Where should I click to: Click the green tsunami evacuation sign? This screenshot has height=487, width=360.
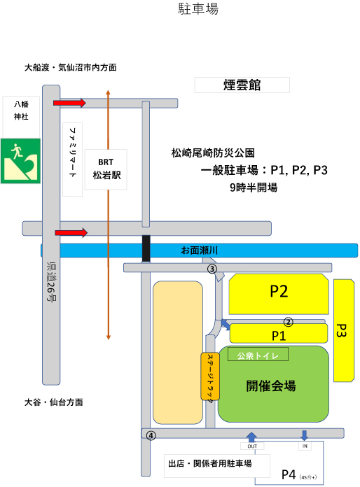pyautogui.click(x=20, y=161)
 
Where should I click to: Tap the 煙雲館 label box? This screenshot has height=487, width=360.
pyautogui.click(x=242, y=85)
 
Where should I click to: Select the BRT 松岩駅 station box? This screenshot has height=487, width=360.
pyautogui.click(x=106, y=169)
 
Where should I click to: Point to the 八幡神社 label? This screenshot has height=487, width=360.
pyautogui.click(x=21, y=111)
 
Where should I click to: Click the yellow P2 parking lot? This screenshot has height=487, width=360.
pyautogui.click(x=279, y=294)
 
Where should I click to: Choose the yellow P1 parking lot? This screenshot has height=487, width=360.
pyautogui.click(x=279, y=333)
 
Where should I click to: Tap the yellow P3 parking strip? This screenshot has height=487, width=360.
pyautogui.click(x=344, y=330)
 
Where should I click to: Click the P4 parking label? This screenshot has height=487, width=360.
pyautogui.click(x=289, y=474)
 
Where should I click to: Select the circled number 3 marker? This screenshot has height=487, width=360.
pyautogui.click(x=212, y=269)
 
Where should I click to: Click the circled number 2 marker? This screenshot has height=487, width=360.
pyautogui.click(x=289, y=322)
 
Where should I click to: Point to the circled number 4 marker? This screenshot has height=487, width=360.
pyautogui.click(x=151, y=436)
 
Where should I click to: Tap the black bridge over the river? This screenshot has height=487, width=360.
pyautogui.click(x=146, y=248)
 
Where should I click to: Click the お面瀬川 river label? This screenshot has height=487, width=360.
pyautogui.click(x=200, y=250)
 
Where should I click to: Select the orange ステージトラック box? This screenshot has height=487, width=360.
pyautogui.click(x=210, y=376)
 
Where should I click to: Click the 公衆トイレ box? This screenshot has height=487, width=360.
pyautogui.click(x=258, y=354)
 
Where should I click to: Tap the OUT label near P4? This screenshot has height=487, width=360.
pyautogui.click(x=252, y=446)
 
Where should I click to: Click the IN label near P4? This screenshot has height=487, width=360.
pyautogui.click(x=305, y=446)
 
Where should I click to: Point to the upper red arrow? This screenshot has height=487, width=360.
pyautogui.click(x=69, y=103)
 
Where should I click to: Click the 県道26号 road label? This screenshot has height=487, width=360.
pyautogui.click(x=51, y=281)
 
